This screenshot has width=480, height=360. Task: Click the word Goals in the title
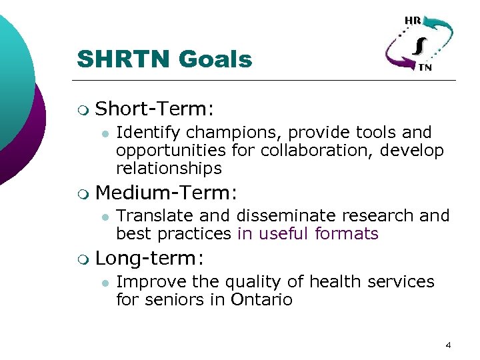[216, 59]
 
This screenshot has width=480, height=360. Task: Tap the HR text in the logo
[412, 20]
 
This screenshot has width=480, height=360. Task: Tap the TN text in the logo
[425, 67]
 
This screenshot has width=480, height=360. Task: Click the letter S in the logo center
[418, 45]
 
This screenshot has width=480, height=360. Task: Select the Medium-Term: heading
[167, 193]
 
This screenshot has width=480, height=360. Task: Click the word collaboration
[317, 151]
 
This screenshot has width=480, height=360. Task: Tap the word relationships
[169, 168]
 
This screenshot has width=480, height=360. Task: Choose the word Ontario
[261, 299]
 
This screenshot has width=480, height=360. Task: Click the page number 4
[448, 345]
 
